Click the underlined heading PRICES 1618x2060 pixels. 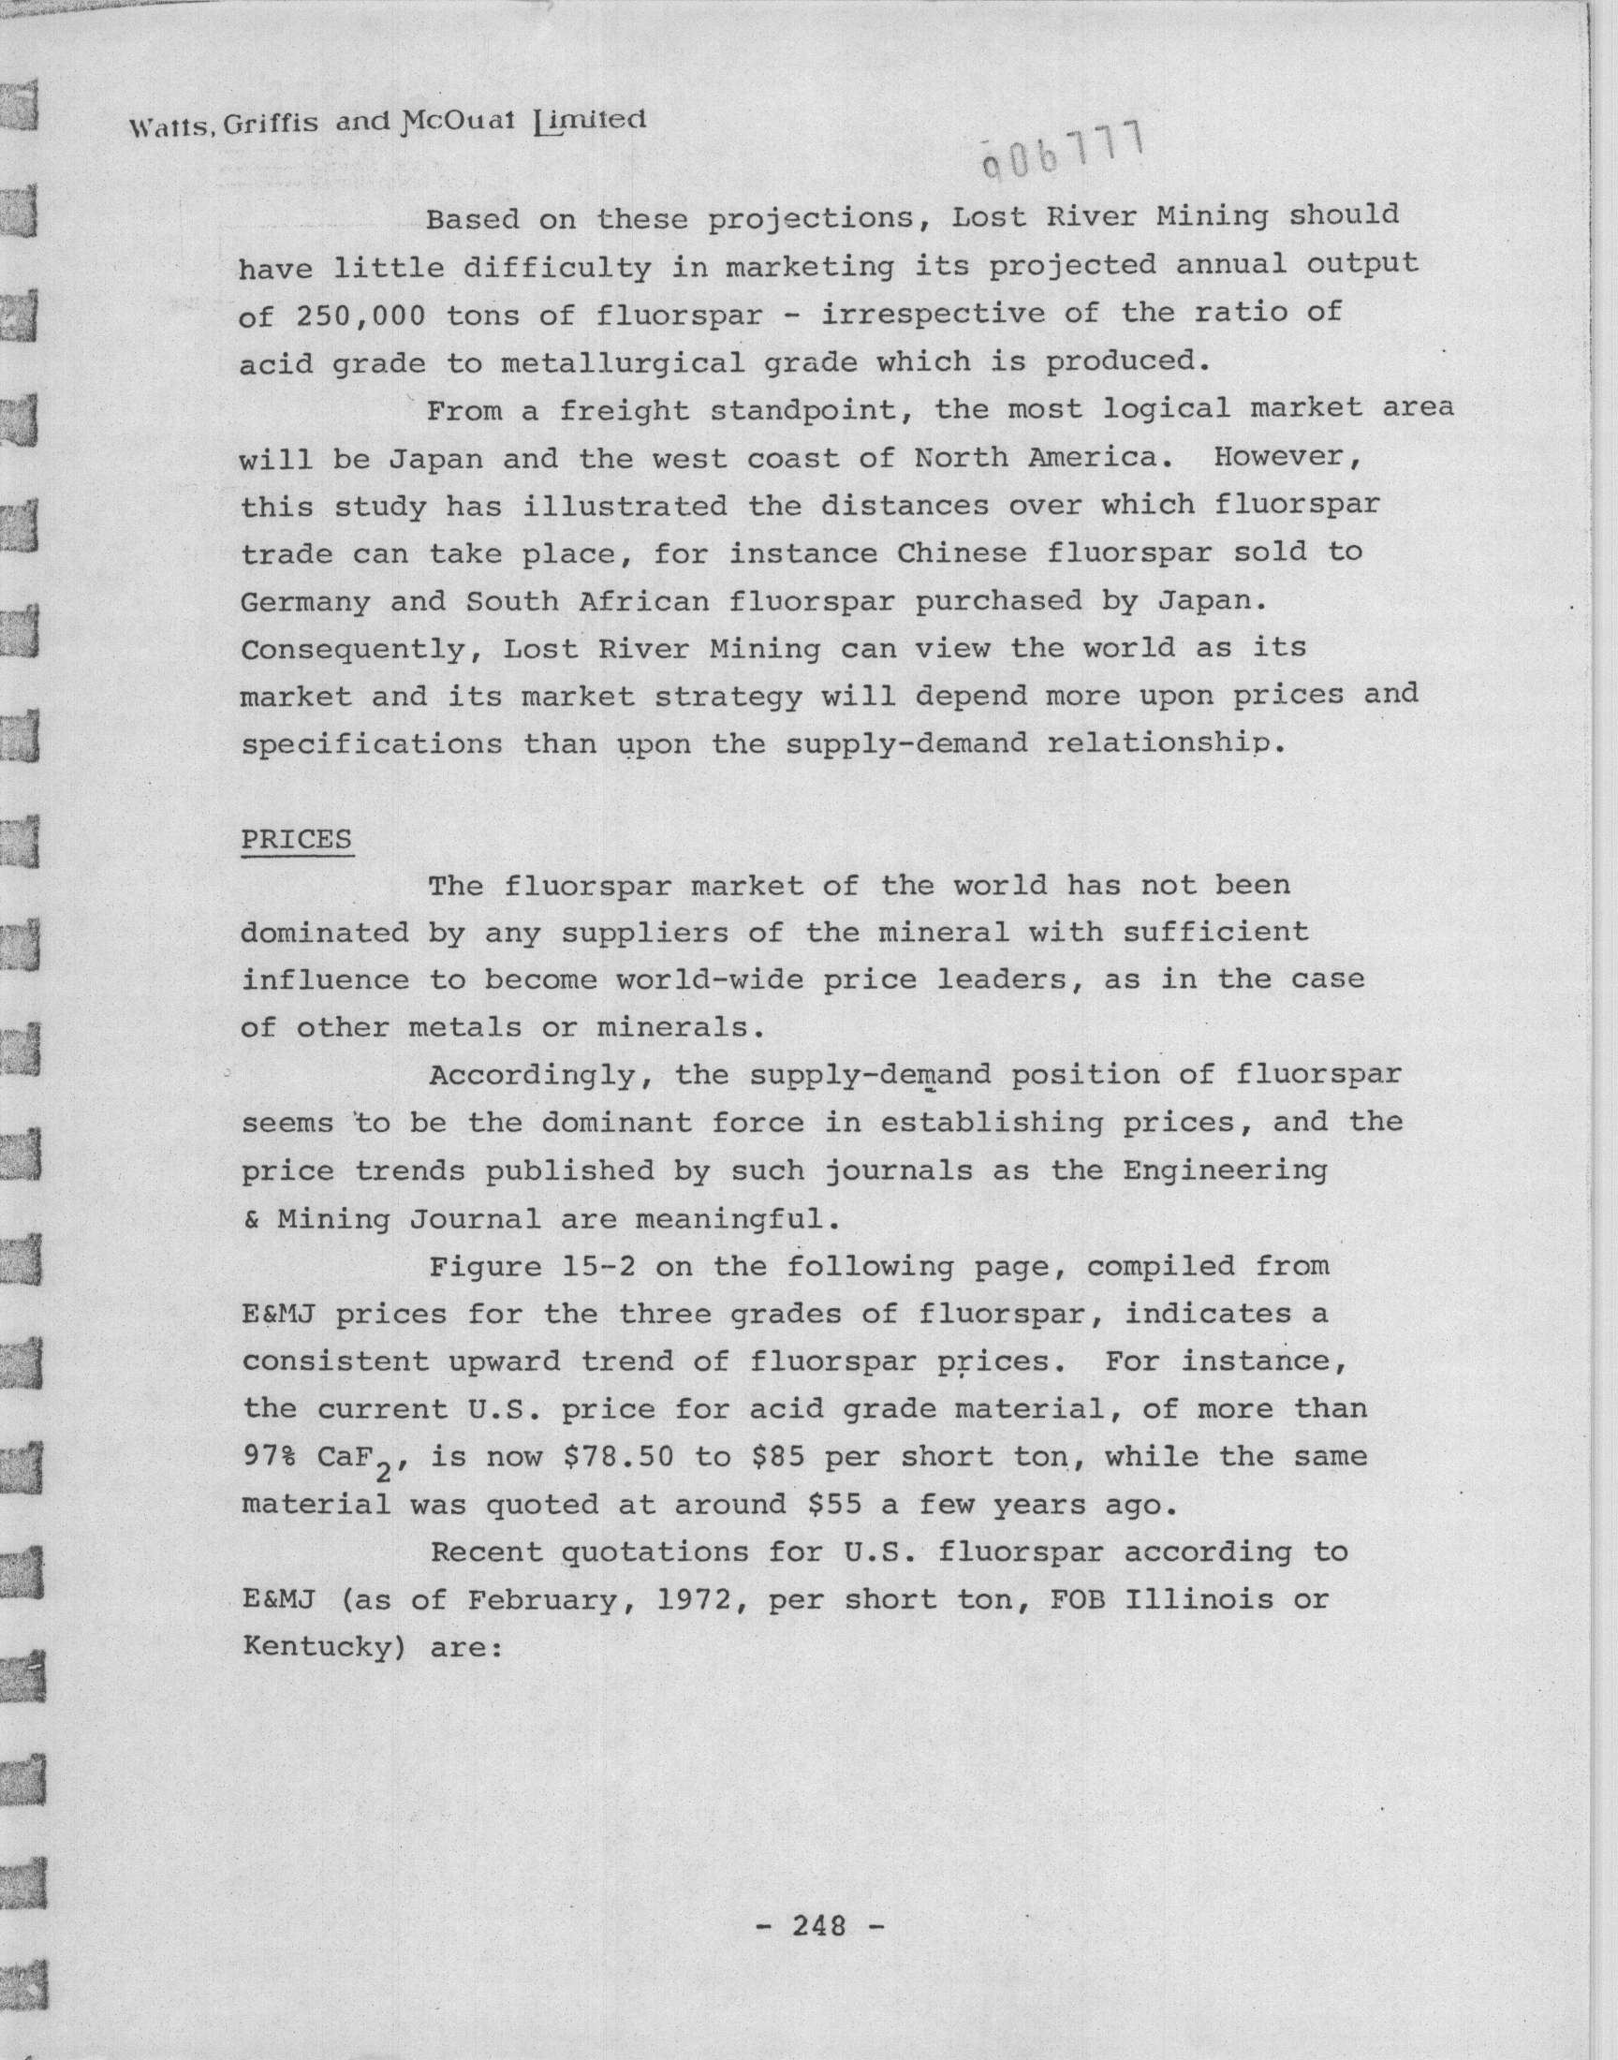297,840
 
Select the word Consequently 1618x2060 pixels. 361,649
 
